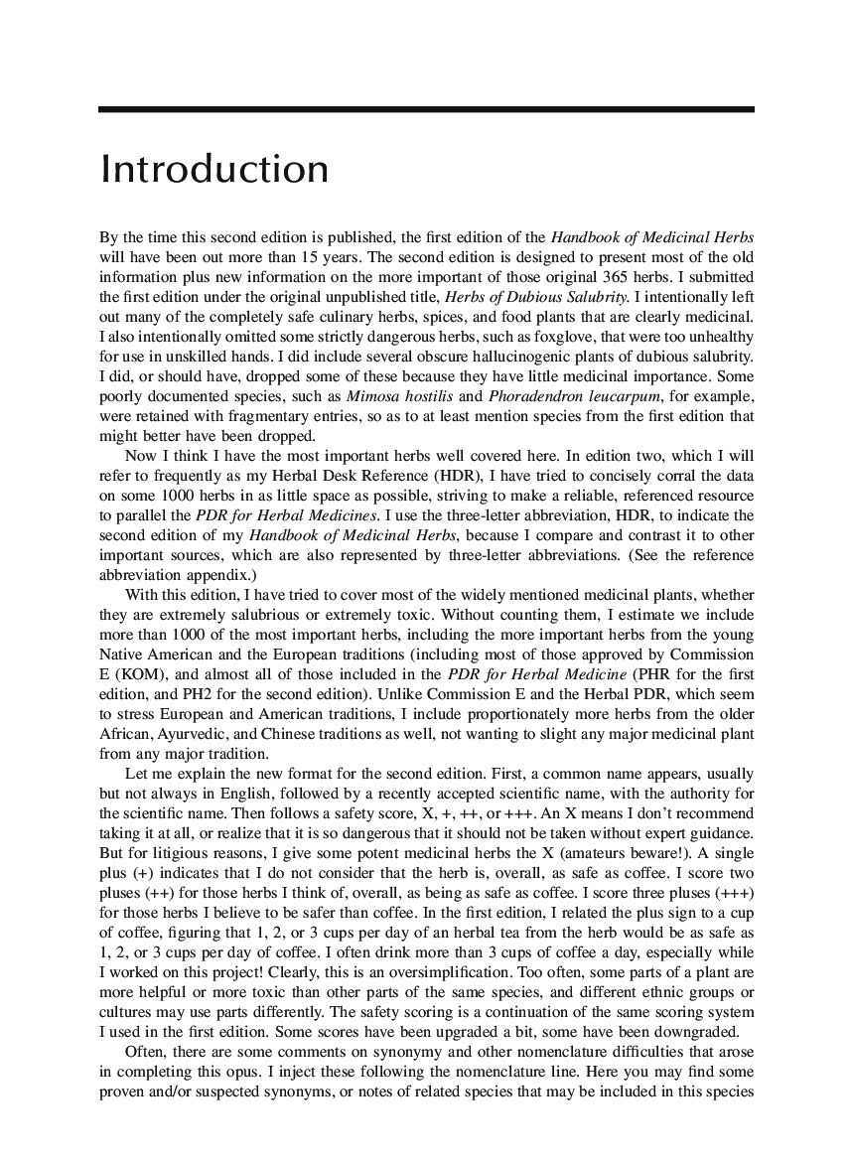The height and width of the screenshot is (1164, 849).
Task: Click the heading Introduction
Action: click(x=213, y=169)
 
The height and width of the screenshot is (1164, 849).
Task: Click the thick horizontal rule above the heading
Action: click(x=426, y=109)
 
